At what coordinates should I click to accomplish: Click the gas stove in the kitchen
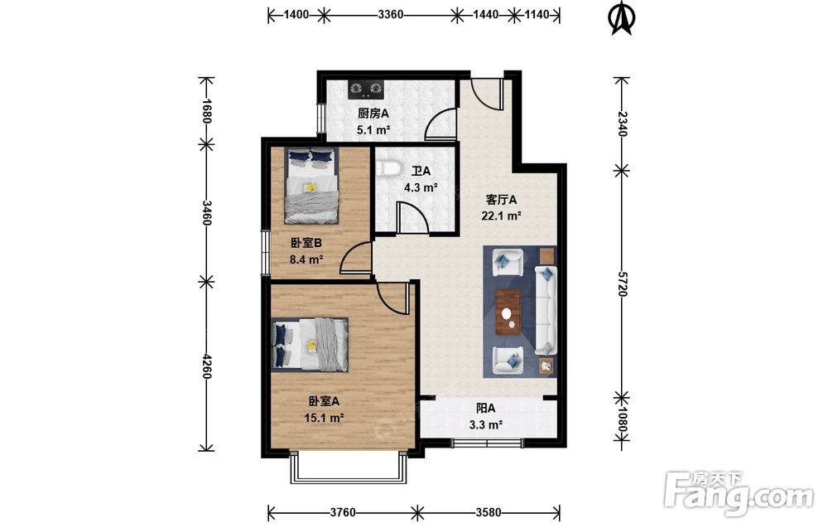(366, 90)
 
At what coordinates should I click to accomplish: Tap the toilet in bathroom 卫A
(388, 168)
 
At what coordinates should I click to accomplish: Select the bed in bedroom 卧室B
(311, 186)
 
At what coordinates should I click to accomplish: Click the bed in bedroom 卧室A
(310, 344)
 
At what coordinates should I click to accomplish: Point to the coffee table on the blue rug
(508, 312)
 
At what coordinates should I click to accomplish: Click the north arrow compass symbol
(622, 18)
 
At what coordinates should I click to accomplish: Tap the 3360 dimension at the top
(391, 15)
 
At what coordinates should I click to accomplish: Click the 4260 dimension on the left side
(206, 366)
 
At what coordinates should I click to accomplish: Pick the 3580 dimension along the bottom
(489, 512)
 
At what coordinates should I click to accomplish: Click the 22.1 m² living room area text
(501, 216)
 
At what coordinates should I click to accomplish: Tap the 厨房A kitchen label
(373, 113)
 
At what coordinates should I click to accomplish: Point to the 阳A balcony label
(486, 408)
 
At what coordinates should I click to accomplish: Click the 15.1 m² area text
(324, 418)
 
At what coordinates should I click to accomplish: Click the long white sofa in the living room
(546, 310)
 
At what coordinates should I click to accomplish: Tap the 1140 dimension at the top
(537, 15)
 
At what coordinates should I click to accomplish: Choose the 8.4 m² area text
(306, 259)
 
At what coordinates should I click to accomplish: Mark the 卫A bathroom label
(421, 172)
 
